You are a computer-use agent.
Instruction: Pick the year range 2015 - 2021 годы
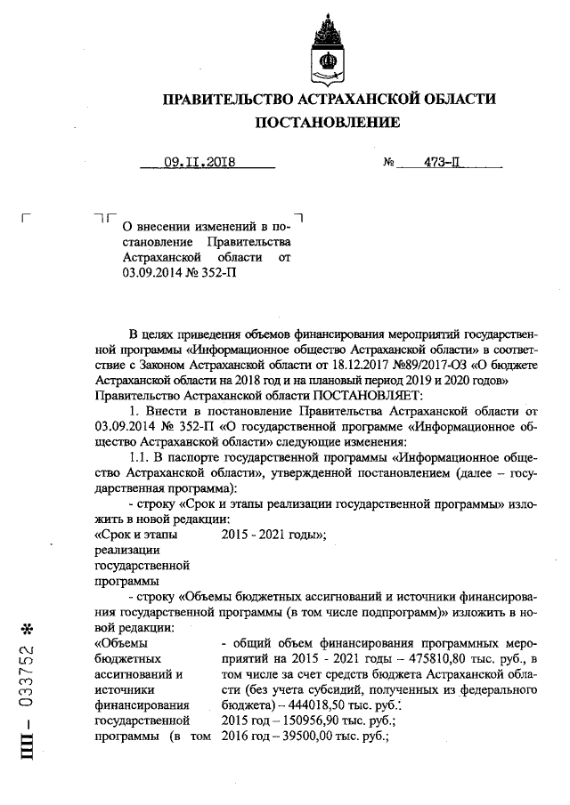coord(273,534)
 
